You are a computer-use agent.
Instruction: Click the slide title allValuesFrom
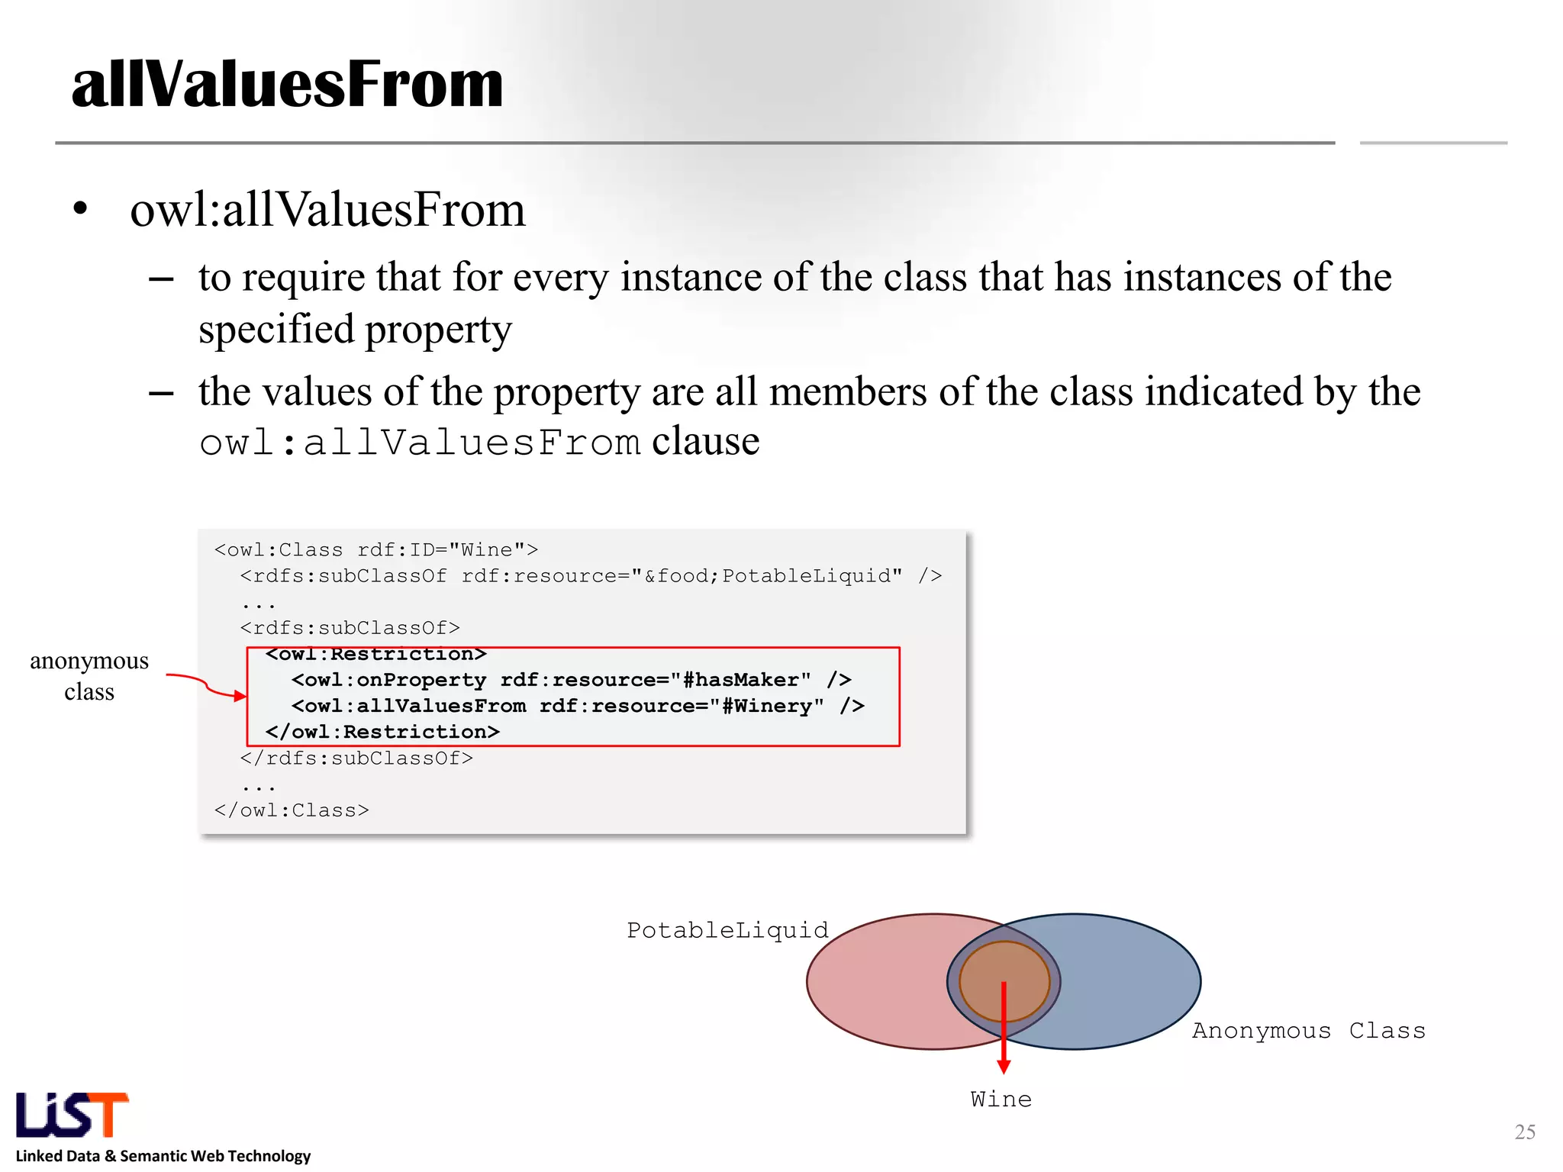pos(287,84)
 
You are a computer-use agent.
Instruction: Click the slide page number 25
pos(1524,1132)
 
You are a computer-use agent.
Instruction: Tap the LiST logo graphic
pos(72,1115)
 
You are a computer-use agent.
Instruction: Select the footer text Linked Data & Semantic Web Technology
pos(163,1156)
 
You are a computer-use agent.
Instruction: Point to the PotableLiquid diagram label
pos(727,930)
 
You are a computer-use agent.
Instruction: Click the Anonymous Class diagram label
pos(1308,1031)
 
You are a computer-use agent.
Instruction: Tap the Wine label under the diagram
pos(1001,1100)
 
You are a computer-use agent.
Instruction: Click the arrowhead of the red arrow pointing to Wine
pos(1004,1066)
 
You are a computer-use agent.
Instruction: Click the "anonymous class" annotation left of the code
pos(89,676)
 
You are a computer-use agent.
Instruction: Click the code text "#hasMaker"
pos(740,680)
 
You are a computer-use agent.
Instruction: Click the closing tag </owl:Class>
pos(292,810)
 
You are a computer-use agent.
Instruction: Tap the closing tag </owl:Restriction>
pos(382,732)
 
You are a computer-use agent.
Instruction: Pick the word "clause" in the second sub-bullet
pos(705,441)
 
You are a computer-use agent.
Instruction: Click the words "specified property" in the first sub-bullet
pos(355,330)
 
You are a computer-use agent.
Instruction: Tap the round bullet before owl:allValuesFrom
pos(80,209)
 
